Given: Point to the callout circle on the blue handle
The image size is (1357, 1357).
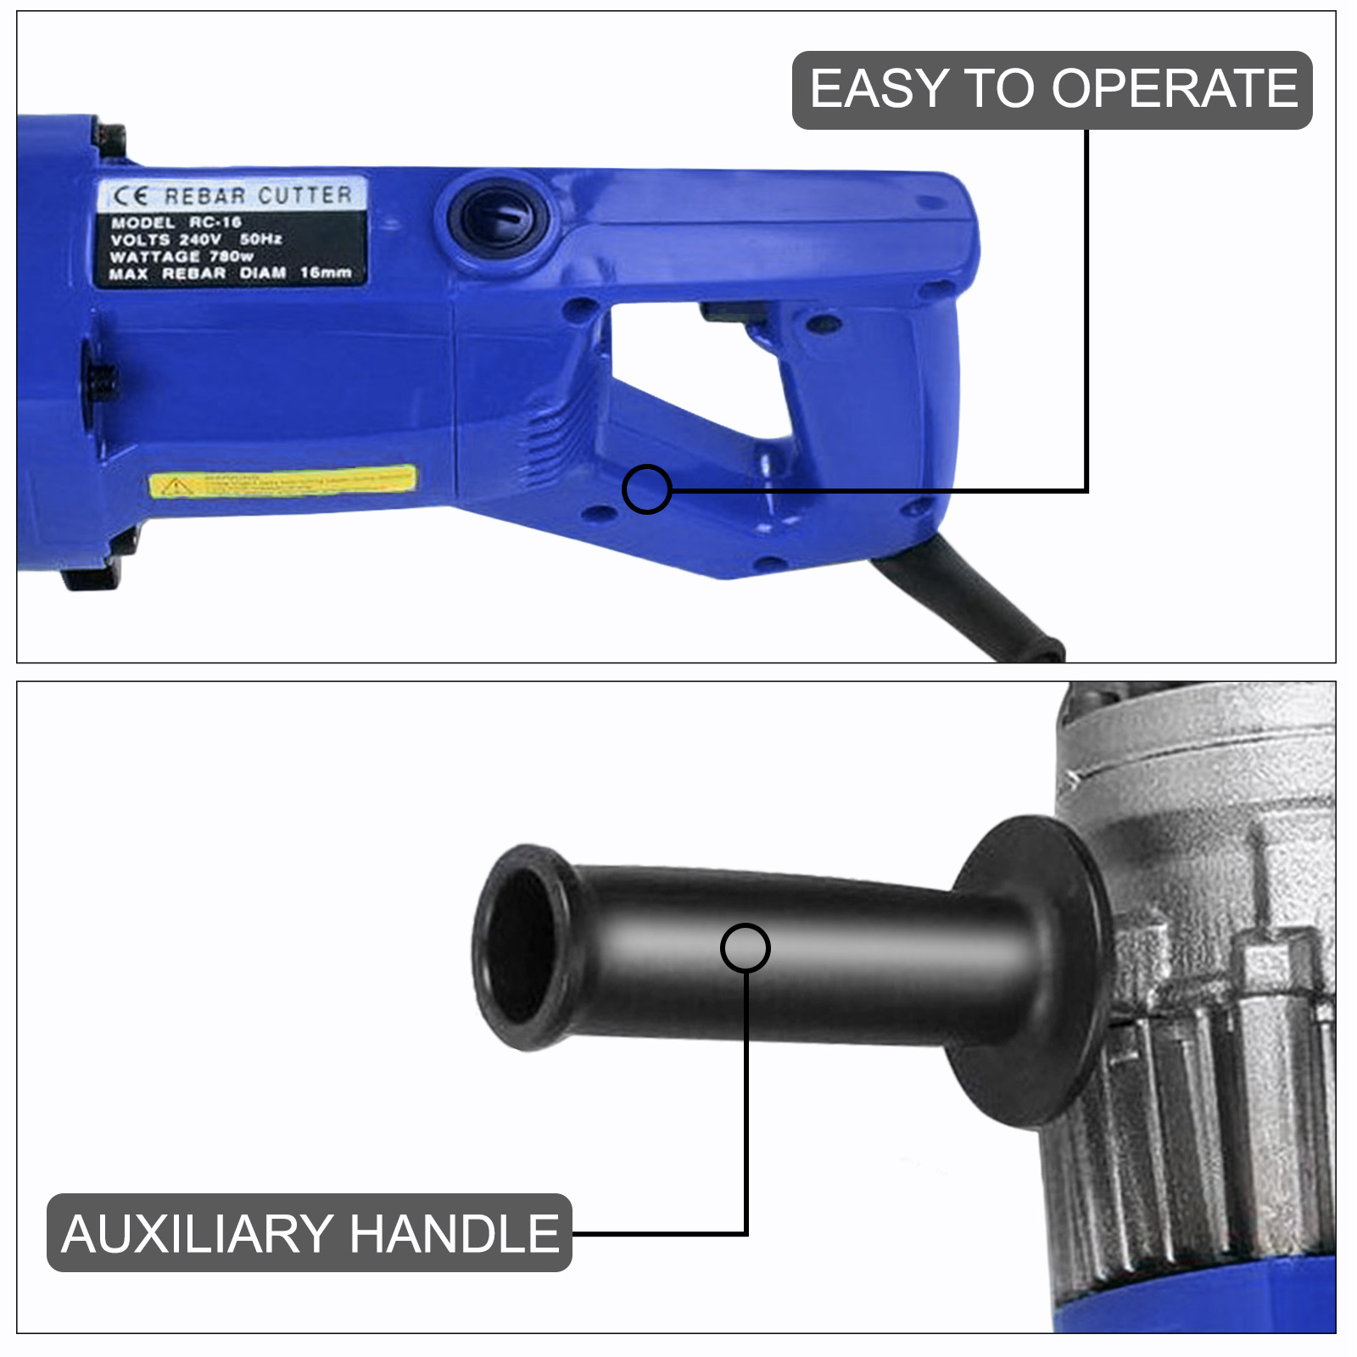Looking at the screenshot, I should pyautogui.click(x=646, y=489).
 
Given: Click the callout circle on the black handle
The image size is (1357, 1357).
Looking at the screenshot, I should pyautogui.click(x=745, y=947).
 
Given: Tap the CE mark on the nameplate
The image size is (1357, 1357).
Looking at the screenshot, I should pyautogui.click(x=131, y=197).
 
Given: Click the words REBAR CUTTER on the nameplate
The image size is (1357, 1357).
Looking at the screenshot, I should pyautogui.click(x=258, y=196).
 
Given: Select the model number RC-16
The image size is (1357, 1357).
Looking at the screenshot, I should pyautogui.click(x=215, y=222).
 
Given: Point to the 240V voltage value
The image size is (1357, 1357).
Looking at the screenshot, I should pyautogui.click(x=200, y=239).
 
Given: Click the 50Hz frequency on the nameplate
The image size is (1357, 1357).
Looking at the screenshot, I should pyautogui.click(x=260, y=239).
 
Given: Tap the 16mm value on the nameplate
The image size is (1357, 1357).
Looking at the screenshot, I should pyautogui.click(x=326, y=272).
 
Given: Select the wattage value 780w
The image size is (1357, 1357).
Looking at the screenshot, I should pyautogui.click(x=231, y=256).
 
